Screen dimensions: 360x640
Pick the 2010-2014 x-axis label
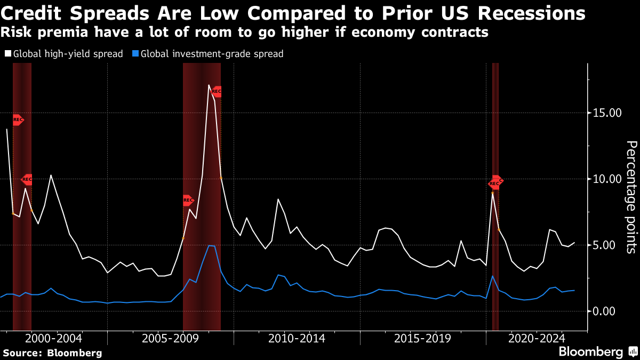297,338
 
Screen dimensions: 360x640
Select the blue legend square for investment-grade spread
135,54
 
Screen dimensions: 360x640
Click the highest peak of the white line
209,85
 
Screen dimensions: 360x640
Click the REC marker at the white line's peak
216,92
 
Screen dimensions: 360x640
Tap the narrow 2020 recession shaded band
495,213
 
